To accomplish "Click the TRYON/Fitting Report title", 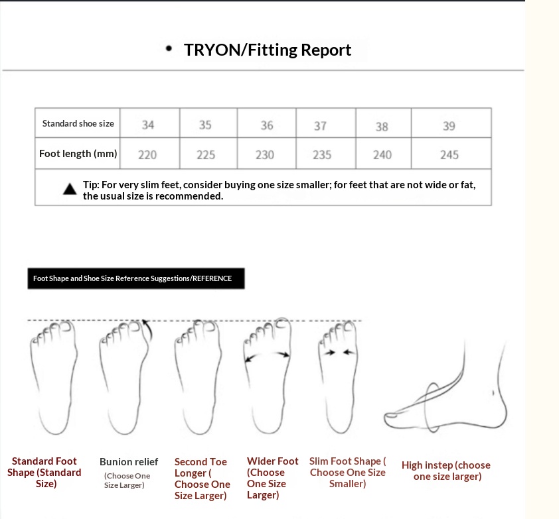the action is click(x=268, y=50).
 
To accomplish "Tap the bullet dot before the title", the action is click(x=169, y=48).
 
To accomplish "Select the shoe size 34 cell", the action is click(x=150, y=123).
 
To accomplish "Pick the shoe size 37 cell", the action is click(x=325, y=123).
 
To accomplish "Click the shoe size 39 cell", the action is click(x=451, y=123).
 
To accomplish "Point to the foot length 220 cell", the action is click(x=150, y=153).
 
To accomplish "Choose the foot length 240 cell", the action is click(x=383, y=153).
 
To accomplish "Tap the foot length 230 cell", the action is click(x=266, y=153).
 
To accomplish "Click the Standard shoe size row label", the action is click(x=78, y=123).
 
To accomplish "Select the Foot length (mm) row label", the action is click(x=78, y=154).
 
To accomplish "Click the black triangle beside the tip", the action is click(x=70, y=189).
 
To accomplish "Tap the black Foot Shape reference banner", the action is click(x=136, y=278).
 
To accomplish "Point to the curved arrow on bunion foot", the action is click(x=148, y=330).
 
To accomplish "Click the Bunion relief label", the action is click(x=129, y=462).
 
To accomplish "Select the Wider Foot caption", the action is click(x=272, y=478).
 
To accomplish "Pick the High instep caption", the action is click(x=446, y=471).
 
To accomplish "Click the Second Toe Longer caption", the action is click(x=202, y=479).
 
